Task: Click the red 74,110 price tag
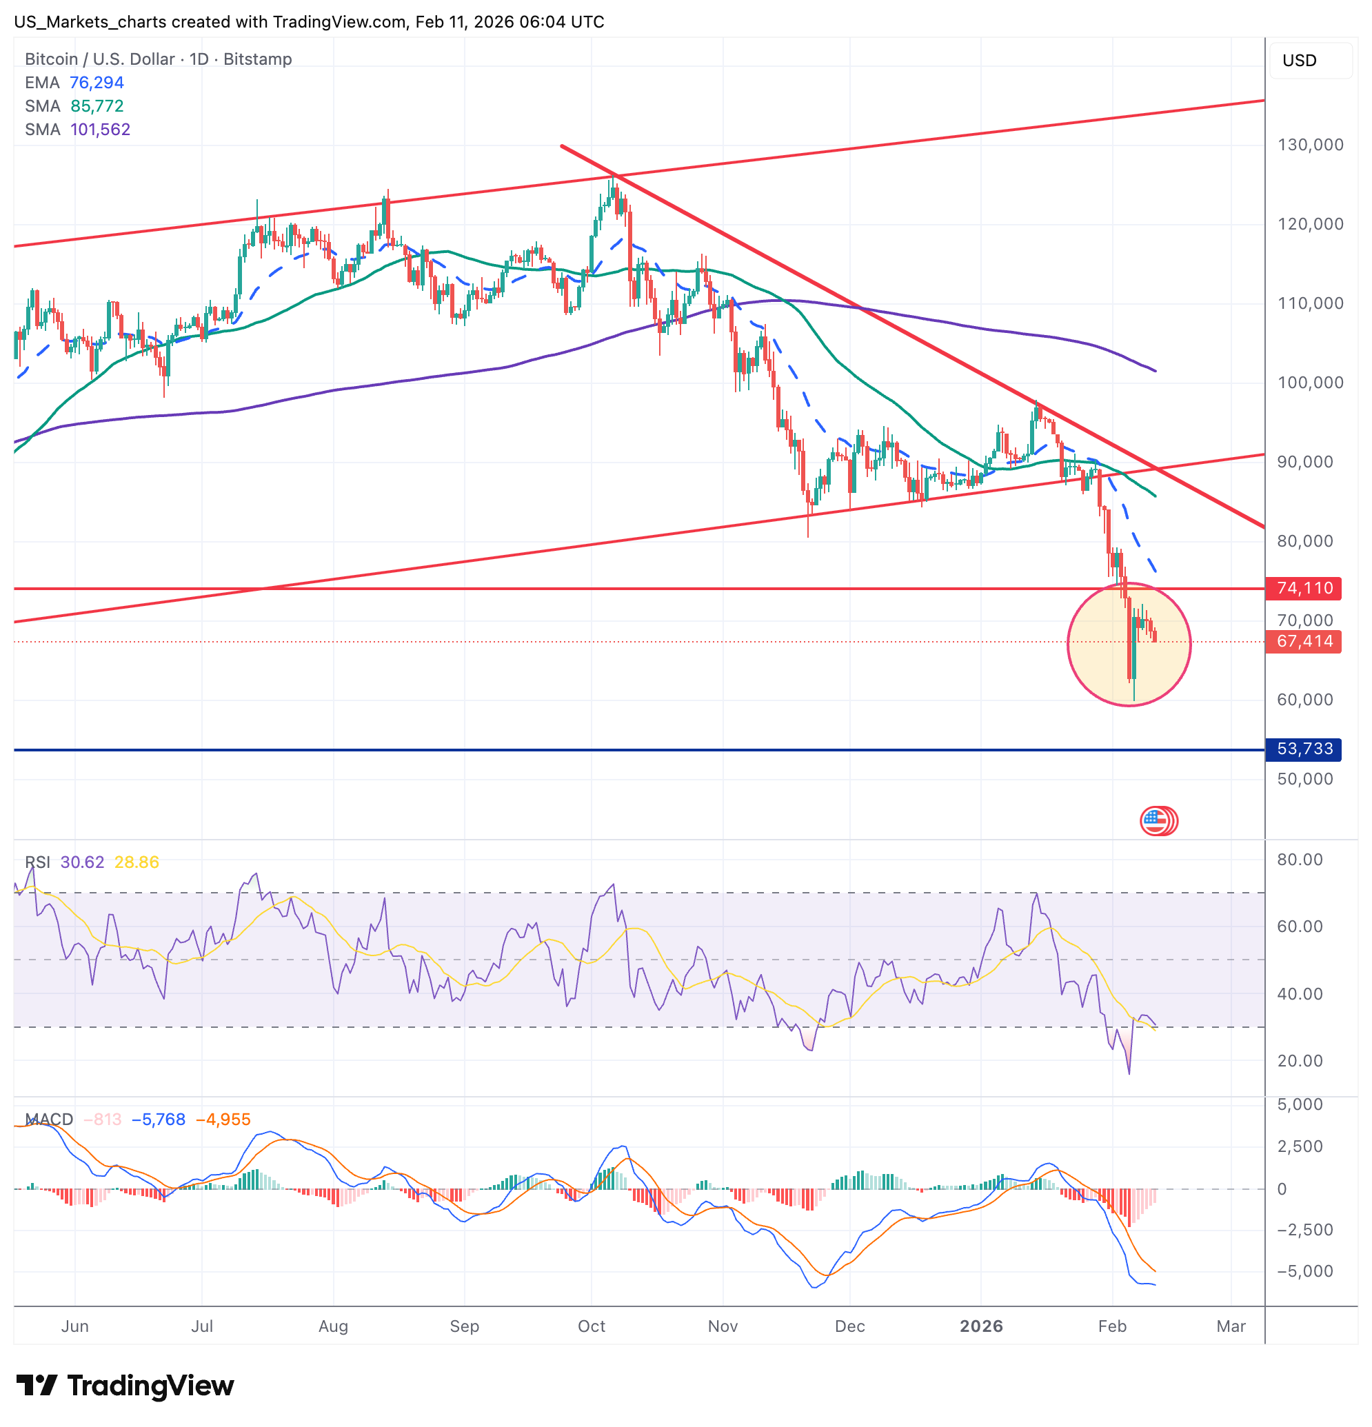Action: [1304, 588]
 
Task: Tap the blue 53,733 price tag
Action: [1304, 749]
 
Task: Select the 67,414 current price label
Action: [1304, 641]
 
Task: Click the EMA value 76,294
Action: [96, 83]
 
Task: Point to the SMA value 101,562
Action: [100, 130]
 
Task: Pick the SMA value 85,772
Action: [97, 106]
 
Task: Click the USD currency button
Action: [1300, 61]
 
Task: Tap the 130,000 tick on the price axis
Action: [1310, 145]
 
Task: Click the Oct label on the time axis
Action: [592, 1326]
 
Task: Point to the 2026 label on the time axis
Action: [981, 1326]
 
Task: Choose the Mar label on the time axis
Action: [1231, 1326]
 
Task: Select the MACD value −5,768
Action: [158, 1120]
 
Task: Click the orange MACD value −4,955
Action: [223, 1120]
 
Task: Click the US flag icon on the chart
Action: [1156, 821]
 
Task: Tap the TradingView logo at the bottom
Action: [125, 1386]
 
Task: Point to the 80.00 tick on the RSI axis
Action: [1300, 860]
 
